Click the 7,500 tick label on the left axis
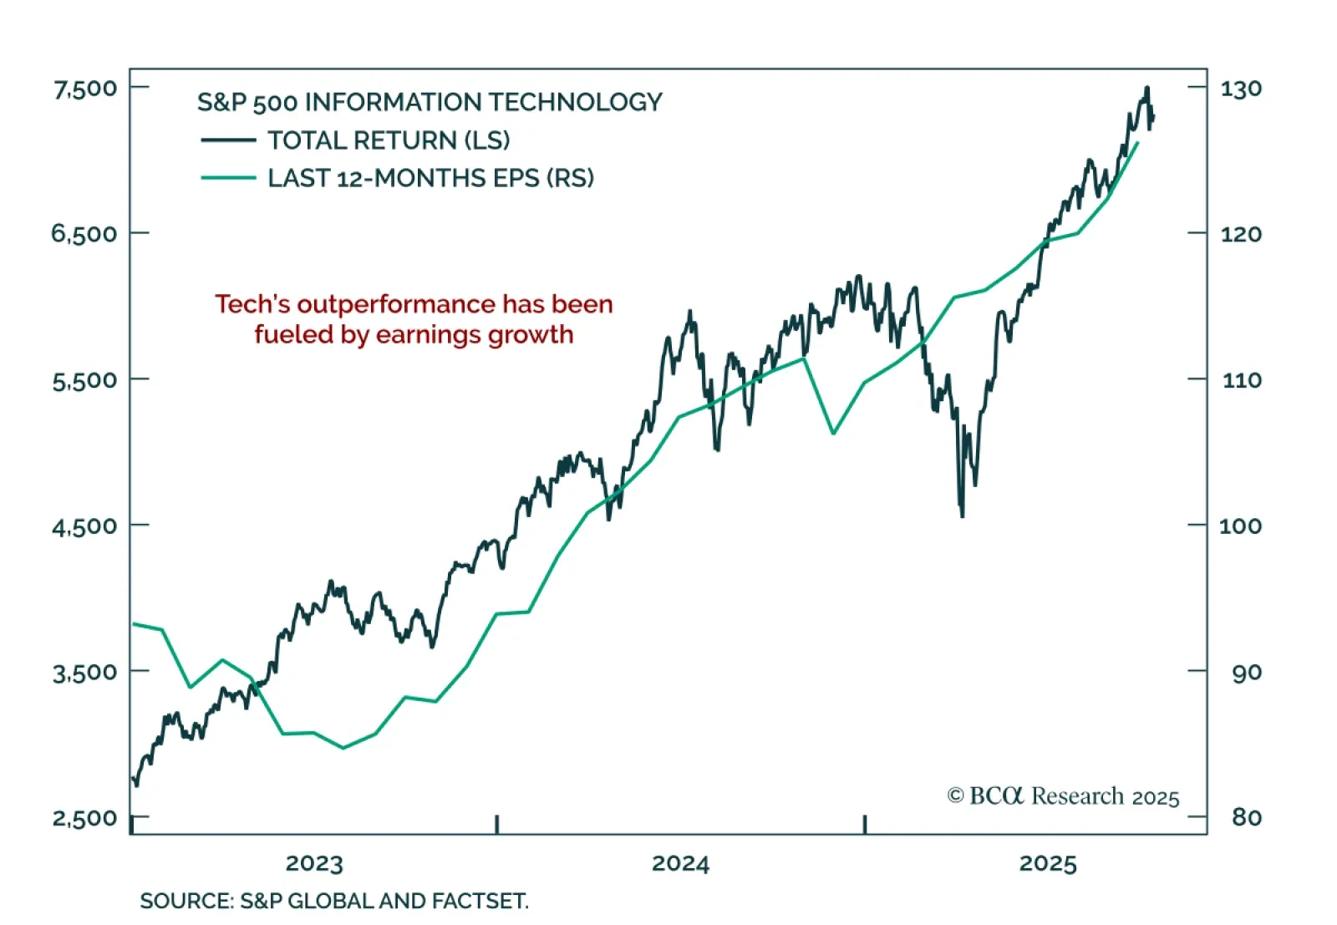[x=85, y=88]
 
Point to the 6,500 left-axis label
[x=85, y=233]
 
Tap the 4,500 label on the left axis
[x=85, y=526]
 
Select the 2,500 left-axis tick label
[x=85, y=817]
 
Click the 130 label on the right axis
[x=1241, y=89]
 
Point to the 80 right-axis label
[x=1246, y=817]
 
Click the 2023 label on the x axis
[x=314, y=863]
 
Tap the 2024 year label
[x=680, y=863]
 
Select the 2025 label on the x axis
[x=1048, y=863]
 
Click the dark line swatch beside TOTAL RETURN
[x=228, y=140]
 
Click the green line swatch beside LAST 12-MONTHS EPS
[x=228, y=178]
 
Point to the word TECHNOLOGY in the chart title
[x=575, y=102]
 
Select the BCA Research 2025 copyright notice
[x=1063, y=796]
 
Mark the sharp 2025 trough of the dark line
[x=963, y=516]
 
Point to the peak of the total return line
[x=1147, y=88]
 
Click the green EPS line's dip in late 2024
[x=833, y=433]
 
